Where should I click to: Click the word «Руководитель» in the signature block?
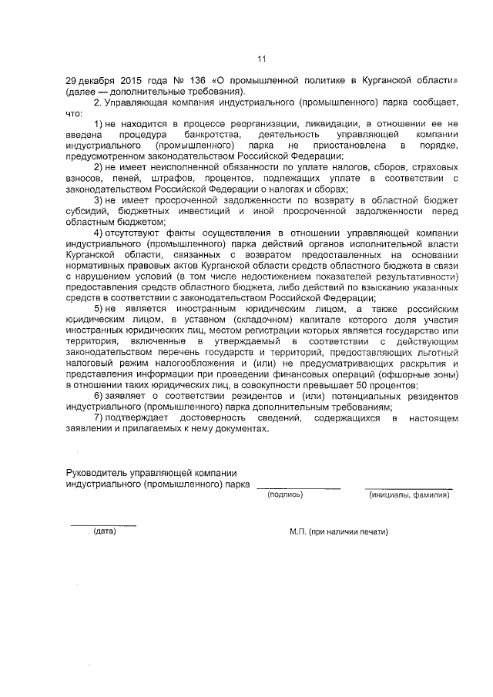click(x=100, y=473)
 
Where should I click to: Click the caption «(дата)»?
click(x=104, y=531)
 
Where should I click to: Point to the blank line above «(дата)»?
click(x=103, y=525)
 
